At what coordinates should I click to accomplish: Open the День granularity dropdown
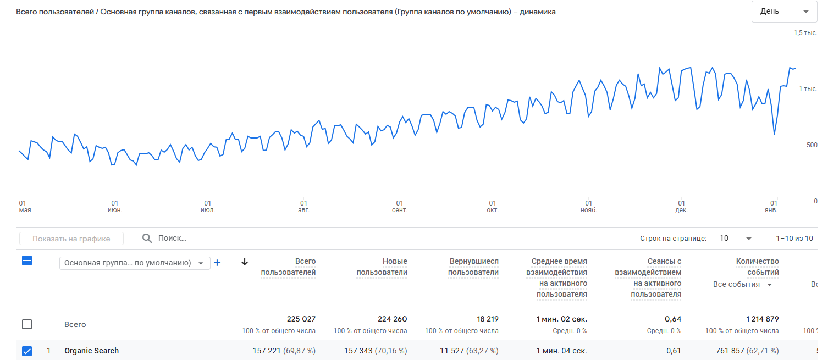[x=784, y=12]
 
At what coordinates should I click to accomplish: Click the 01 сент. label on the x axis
[x=400, y=206]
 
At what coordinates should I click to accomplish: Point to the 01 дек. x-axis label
[x=681, y=206]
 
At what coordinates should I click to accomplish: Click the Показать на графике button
[x=71, y=239]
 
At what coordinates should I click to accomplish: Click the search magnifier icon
[x=147, y=239]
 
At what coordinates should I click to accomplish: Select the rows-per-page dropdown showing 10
[x=735, y=239]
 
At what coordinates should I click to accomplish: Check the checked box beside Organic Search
[x=27, y=351]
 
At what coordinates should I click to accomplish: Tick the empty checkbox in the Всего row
[x=27, y=324]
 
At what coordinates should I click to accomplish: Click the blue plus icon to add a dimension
[x=217, y=263]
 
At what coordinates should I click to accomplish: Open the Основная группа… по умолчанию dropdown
[x=134, y=263]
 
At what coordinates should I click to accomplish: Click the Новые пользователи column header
[x=382, y=267]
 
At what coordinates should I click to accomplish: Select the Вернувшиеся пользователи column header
[x=473, y=267]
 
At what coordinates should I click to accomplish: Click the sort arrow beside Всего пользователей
[x=245, y=262]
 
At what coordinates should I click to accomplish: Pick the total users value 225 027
[x=301, y=319]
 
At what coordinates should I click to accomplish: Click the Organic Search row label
[x=91, y=351]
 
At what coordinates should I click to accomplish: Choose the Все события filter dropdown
[x=742, y=284]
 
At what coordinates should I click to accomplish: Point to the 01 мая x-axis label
[x=25, y=206]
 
